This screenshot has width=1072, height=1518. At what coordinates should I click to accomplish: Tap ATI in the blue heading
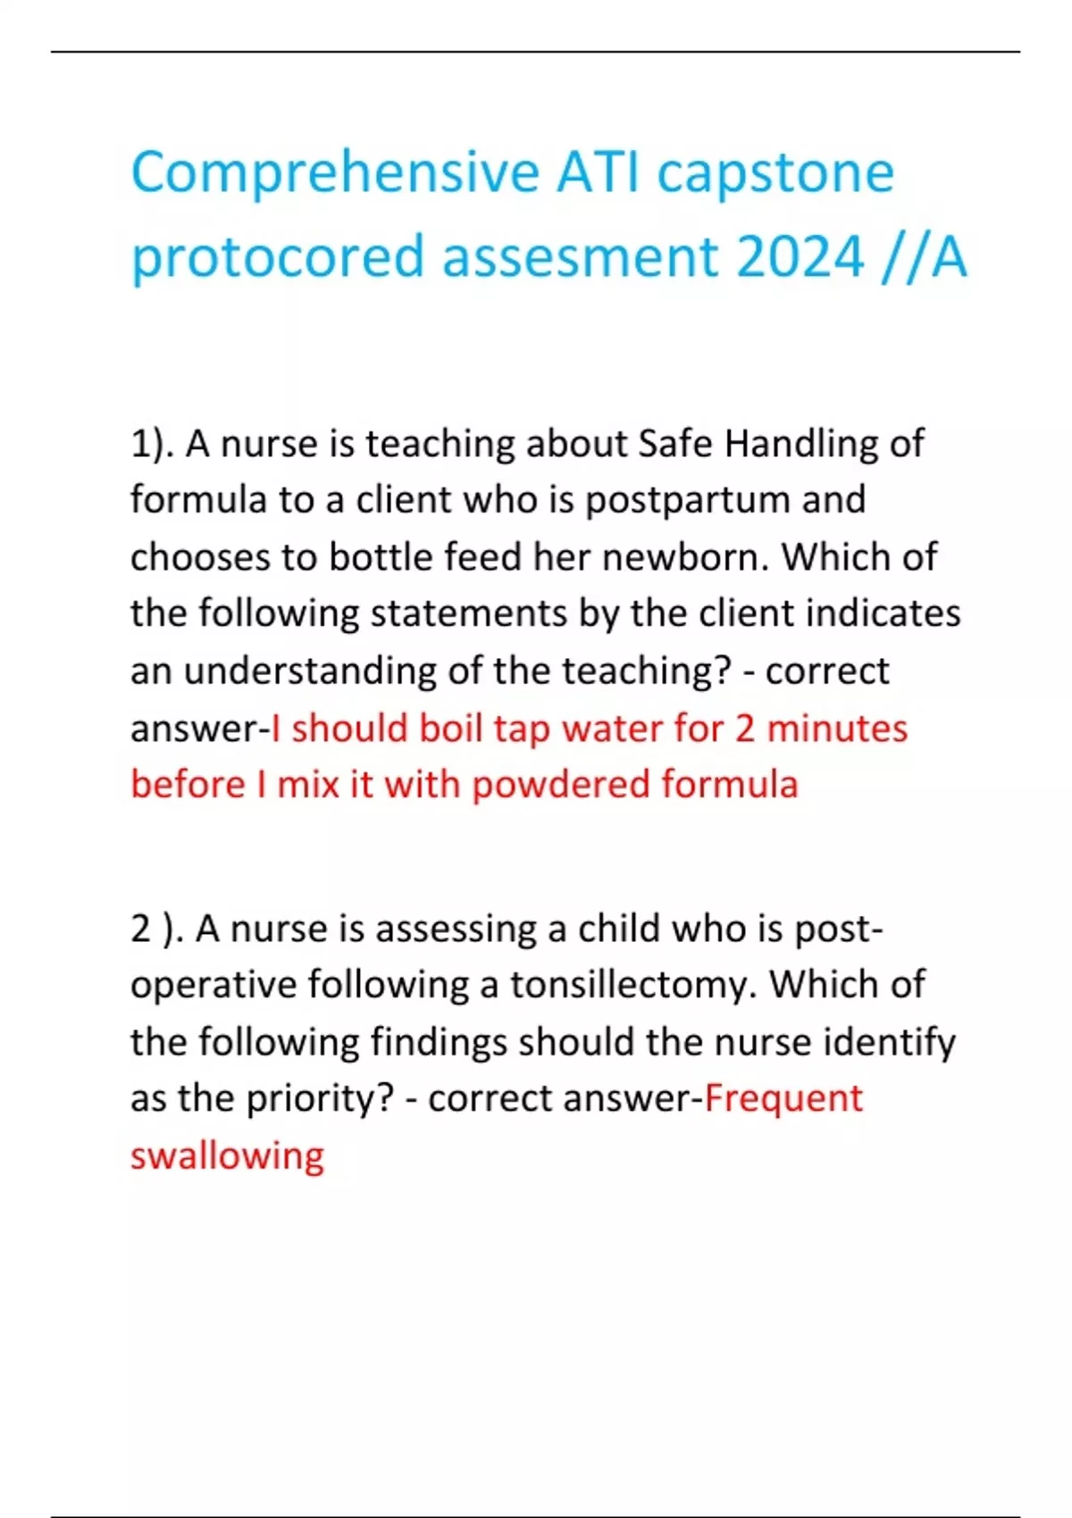(x=598, y=172)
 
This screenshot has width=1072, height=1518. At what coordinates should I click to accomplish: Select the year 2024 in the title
(x=800, y=257)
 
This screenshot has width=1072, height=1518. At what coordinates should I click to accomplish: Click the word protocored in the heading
(x=277, y=259)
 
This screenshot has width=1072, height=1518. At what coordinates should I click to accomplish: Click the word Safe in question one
(x=675, y=444)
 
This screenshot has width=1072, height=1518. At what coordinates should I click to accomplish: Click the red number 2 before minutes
(x=745, y=728)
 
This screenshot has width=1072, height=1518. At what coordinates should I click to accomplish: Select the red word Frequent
(x=783, y=1099)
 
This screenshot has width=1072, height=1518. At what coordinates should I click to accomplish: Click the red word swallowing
(x=227, y=1156)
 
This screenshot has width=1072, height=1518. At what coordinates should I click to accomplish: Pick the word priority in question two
(x=319, y=1099)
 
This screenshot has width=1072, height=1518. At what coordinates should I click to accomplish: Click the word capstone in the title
(x=775, y=172)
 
